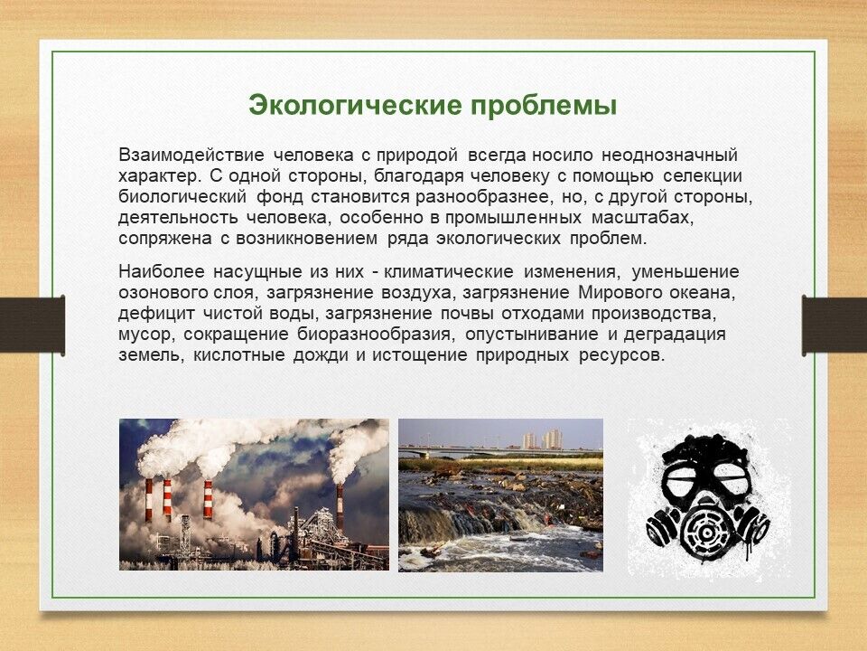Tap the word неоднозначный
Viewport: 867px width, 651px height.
click(669, 156)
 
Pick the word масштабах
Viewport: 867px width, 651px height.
click(642, 218)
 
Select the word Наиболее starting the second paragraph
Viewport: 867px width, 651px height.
click(162, 272)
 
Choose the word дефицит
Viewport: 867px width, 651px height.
click(156, 314)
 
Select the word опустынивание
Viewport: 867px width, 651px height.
click(531, 335)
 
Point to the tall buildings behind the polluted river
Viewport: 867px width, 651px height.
click(543, 439)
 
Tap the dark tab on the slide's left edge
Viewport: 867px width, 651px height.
click(33, 325)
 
